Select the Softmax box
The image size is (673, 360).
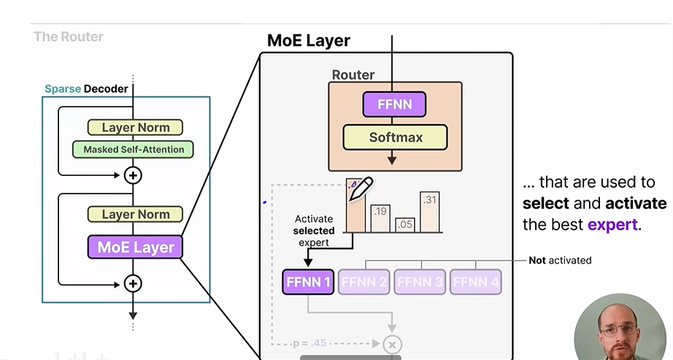click(x=395, y=137)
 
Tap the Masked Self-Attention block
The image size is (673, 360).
click(x=133, y=150)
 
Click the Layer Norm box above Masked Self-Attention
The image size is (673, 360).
click(x=135, y=127)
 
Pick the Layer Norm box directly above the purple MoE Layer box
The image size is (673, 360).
click(x=135, y=214)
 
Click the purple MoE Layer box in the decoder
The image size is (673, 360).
click(x=136, y=247)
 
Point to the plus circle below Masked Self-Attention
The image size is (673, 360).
click(x=133, y=175)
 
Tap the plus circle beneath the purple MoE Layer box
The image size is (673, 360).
click(x=133, y=283)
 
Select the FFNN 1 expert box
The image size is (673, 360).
click(x=307, y=282)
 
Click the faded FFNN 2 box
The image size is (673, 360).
click(x=364, y=282)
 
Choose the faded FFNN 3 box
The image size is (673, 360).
click(x=420, y=282)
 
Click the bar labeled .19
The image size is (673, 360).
click(x=380, y=218)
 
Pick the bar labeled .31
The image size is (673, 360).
click(x=430, y=212)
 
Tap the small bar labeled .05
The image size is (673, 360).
click(x=405, y=225)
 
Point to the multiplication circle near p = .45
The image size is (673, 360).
click(x=393, y=344)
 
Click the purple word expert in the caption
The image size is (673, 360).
click(x=613, y=225)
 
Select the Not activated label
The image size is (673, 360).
click(x=560, y=260)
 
